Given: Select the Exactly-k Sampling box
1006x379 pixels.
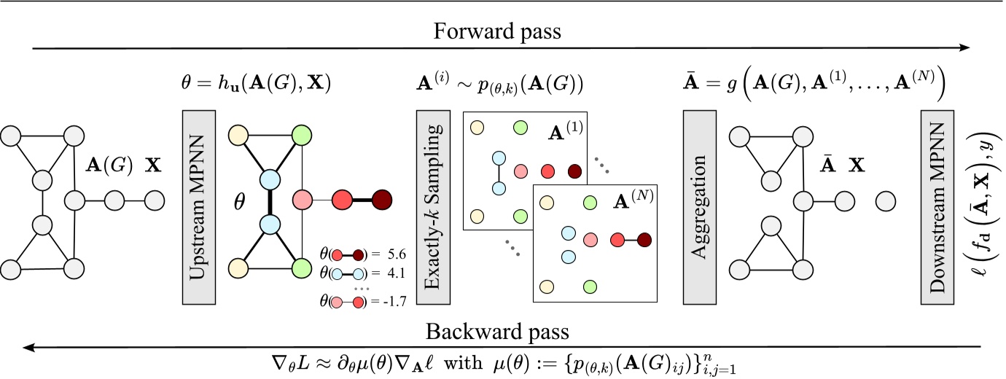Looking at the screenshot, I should coord(430,208).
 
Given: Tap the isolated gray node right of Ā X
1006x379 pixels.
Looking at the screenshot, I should coord(885,199).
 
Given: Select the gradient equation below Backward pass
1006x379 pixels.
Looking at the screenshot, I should coord(502,364).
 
